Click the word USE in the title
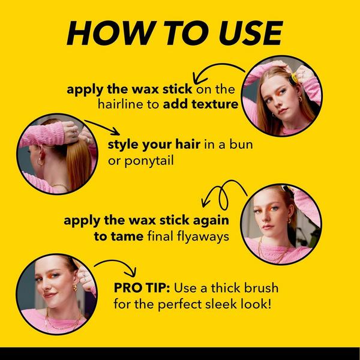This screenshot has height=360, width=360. [x=251, y=33]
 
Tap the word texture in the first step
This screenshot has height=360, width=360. [x=215, y=104]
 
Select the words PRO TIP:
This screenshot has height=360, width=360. [x=142, y=288]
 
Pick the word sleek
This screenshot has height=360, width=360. [x=221, y=304]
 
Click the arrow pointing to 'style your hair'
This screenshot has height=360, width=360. [x=102, y=127]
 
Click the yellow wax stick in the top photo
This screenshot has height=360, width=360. [x=295, y=78]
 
